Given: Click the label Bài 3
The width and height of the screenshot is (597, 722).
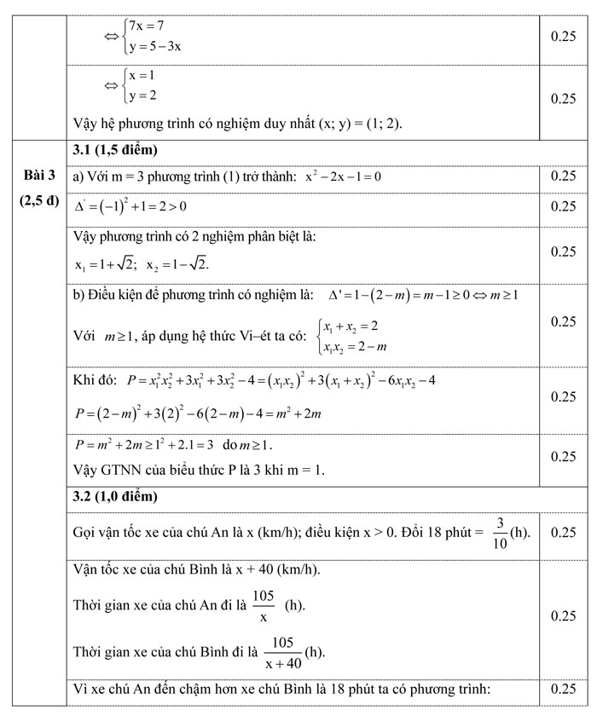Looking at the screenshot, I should pyautogui.click(x=38, y=176).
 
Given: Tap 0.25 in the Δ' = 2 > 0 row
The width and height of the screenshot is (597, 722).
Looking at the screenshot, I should pyautogui.click(x=563, y=205).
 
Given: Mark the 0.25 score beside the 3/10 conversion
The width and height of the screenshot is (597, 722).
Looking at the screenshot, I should pyautogui.click(x=563, y=532).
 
